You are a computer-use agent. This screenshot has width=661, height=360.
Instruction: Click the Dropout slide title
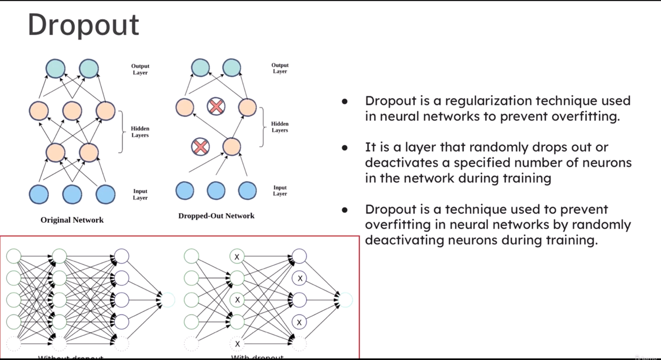(83, 25)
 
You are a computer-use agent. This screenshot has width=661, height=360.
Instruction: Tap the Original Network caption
(72, 220)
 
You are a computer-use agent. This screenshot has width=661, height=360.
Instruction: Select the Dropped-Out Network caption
(216, 216)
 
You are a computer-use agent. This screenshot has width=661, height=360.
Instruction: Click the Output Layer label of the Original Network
(140, 69)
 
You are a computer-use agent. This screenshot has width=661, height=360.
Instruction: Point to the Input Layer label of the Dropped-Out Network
(280, 191)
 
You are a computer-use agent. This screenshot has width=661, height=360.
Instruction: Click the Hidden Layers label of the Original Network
(140, 132)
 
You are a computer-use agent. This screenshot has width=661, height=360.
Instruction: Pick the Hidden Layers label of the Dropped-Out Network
(280, 127)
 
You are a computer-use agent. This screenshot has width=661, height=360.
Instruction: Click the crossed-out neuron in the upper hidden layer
(216, 106)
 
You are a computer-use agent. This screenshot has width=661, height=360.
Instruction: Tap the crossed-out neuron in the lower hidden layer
(200, 147)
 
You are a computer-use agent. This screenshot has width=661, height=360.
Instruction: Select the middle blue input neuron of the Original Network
(72, 194)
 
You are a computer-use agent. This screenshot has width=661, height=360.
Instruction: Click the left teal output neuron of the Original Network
(55, 68)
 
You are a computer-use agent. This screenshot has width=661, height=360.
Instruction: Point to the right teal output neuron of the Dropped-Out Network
(232, 68)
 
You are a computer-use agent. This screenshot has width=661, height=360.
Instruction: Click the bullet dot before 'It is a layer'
(345, 148)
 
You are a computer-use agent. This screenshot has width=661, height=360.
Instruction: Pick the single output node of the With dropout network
(346, 300)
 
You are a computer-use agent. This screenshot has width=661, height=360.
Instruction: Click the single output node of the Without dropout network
(168, 300)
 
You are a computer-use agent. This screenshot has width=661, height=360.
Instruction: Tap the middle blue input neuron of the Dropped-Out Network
(216, 190)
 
